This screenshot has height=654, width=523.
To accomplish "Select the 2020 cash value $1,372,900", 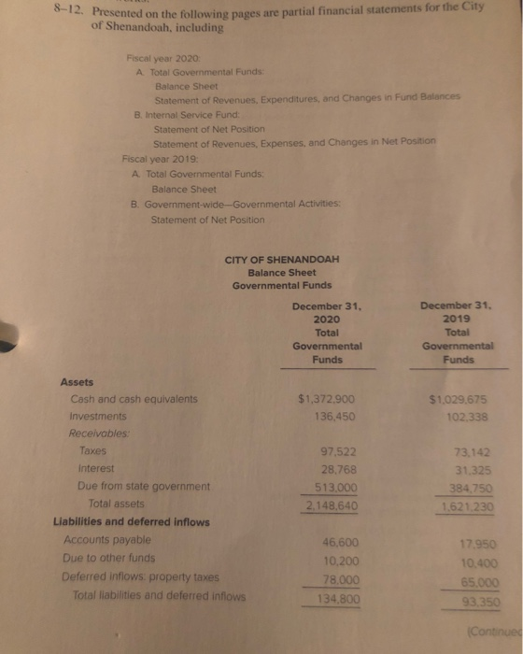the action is [323, 399].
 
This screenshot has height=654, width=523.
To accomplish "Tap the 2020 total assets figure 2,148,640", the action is [323, 505].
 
